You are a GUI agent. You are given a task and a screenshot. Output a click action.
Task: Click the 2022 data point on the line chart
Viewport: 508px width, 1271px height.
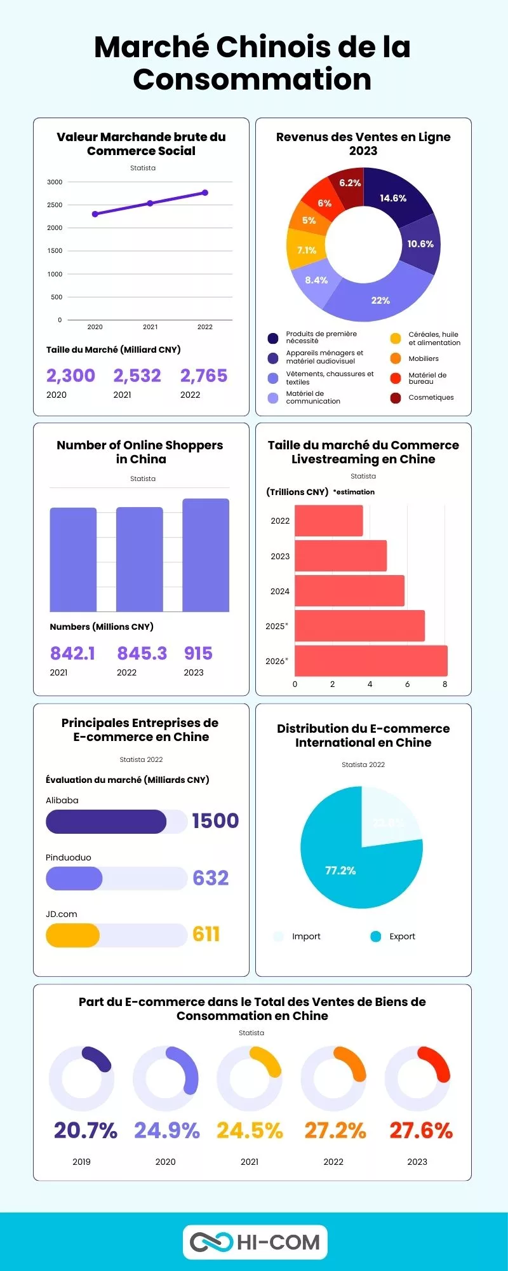pyautogui.click(x=205, y=193)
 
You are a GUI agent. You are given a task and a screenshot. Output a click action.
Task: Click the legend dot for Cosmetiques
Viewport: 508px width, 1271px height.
pyautogui.click(x=396, y=398)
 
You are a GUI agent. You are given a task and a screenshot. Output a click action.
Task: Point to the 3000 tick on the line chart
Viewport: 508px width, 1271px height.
pyautogui.click(x=55, y=182)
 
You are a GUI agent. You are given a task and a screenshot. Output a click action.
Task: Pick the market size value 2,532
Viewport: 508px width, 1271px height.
pyautogui.click(x=137, y=376)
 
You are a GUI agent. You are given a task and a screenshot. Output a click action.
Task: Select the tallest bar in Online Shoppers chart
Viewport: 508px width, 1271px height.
pyautogui.click(x=206, y=555)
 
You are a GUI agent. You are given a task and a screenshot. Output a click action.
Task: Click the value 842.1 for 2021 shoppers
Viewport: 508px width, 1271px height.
pyautogui.click(x=72, y=653)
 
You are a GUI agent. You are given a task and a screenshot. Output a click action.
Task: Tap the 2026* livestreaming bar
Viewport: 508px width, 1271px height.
pyautogui.click(x=371, y=661)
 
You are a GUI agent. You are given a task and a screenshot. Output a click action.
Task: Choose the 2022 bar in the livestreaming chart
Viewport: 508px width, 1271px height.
pyautogui.click(x=329, y=520)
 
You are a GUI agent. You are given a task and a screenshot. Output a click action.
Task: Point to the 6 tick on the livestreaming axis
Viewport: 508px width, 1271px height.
pyautogui.click(x=407, y=684)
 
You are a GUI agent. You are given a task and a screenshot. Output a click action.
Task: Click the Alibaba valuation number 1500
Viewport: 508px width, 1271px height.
pyautogui.click(x=215, y=820)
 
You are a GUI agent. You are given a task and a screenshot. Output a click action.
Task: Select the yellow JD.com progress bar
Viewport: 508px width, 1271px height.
pyautogui.click(x=72, y=935)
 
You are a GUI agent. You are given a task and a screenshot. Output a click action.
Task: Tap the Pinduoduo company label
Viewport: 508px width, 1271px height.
pyautogui.click(x=69, y=857)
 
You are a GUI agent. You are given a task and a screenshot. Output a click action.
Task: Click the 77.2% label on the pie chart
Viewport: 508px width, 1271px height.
pyautogui.click(x=340, y=871)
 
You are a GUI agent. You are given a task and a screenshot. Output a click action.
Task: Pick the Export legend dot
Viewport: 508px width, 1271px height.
pyautogui.click(x=376, y=936)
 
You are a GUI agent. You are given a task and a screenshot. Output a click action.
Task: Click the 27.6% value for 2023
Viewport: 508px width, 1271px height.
pyautogui.click(x=420, y=1131)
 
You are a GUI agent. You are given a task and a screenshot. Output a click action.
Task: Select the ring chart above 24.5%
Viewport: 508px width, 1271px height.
pyautogui.click(x=250, y=1078)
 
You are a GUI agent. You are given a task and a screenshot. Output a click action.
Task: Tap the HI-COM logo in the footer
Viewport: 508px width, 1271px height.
pyautogui.click(x=255, y=1242)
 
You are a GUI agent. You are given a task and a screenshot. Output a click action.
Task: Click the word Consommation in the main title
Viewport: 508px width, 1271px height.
pyautogui.click(x=252, y=79)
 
